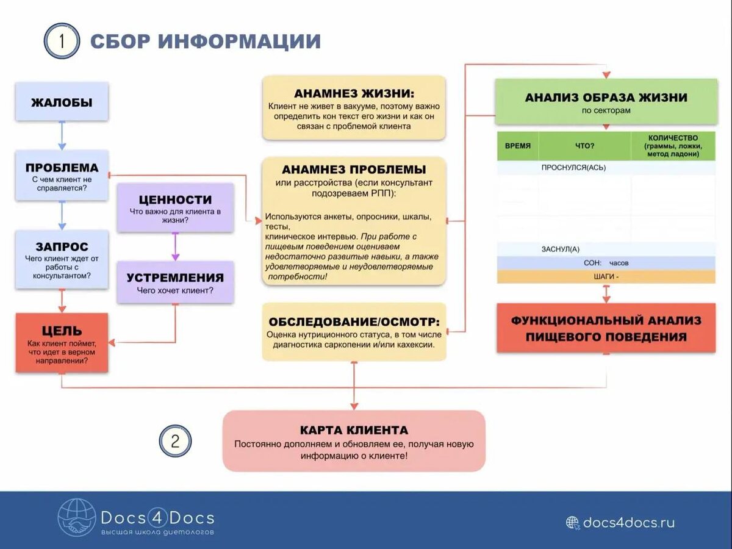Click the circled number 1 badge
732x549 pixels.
click(62, 41)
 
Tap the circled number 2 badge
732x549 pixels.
click(175, 440)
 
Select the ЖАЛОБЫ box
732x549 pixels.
click(62, 102)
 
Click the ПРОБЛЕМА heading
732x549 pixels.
click(62, 168)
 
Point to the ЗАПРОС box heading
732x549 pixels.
click(62, 246)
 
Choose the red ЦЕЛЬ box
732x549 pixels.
click(62, 343)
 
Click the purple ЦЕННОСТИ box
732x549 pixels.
click(175, 207)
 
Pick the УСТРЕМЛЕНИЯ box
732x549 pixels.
click(175, 282)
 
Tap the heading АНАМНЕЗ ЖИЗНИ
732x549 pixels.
click(354, 94)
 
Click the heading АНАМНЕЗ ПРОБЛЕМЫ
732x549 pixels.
click(354, 170)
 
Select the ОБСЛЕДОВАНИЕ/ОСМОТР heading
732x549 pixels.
click(354, 322)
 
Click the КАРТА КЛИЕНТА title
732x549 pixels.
click(354, 430)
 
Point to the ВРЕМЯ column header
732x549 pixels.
click(518, 146)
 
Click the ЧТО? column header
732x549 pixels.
click(584, 146)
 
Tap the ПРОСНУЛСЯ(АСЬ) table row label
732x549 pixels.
click(573, 167)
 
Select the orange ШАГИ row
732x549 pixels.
click(606, 276)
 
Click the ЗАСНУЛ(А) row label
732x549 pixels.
click(560, 249)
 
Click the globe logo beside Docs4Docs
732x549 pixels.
click(76, 518)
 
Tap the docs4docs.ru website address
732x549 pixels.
click(628, 523)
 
